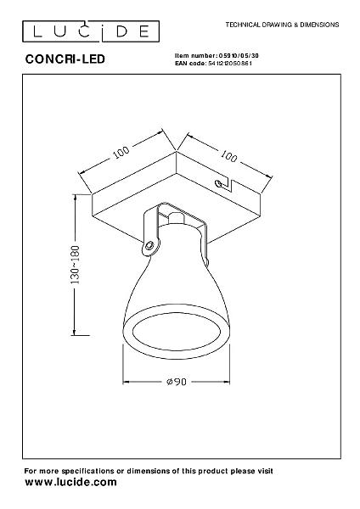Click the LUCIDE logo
click(91, 31)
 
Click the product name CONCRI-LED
click(65, 59)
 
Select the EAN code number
click(229, 64)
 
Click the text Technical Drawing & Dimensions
click(283, 25)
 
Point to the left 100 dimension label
click(121, 152)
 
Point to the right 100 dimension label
click(229, 156)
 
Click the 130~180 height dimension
click(75, 265)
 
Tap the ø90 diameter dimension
click(177, 382)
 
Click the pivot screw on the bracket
click(149, 245)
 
